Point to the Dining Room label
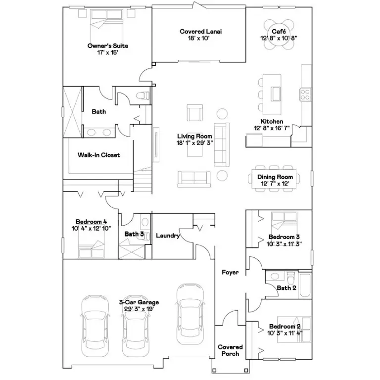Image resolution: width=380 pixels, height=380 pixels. (x=275, y=177)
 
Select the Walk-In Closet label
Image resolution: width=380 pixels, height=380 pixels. (x=99, y=155)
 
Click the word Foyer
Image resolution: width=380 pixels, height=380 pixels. (x=230, y=273)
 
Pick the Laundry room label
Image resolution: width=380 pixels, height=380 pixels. (x=167, y=236)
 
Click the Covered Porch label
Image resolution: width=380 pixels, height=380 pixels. (x=230, y=350)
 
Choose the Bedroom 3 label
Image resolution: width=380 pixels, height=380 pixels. (x=285, y=237)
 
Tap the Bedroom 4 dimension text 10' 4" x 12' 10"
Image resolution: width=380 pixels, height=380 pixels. (x=91, y=228)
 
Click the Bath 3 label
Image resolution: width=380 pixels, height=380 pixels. (x=134, y=234)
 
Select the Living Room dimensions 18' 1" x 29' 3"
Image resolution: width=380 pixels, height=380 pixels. (x=195, y=142)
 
